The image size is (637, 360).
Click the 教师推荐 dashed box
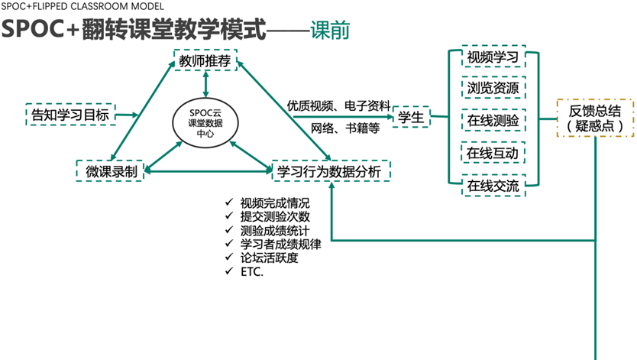tap(205, 61)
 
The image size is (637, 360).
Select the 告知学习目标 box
tap(69, 115)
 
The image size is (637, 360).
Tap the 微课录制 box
tap(112, 171)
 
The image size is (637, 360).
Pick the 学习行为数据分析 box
tap(331, 171)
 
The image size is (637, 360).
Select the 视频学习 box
tap(493, 58)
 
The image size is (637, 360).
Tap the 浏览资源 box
tap(493, 89)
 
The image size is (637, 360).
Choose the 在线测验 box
tap(493, 121)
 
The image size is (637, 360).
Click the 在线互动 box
tap(493, 153)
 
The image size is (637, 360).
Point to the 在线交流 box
tap(493, 185)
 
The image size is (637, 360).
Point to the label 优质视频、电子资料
tap(338, 105)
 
